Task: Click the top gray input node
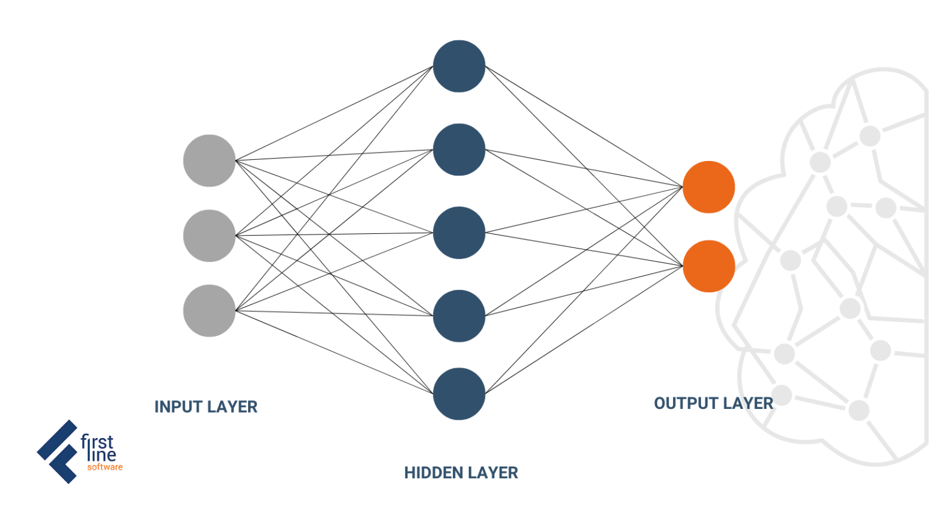click(x=209, y=160)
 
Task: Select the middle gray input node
click(x=209, y=236)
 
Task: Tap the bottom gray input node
click(x=209, y=311)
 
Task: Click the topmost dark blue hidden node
click(x=459, y=66)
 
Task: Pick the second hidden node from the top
click(x=459, y=149)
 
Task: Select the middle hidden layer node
click(x=459, y=233)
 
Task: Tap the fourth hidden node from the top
click(x=459, y=316)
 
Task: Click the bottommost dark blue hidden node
click(x=459, y=394)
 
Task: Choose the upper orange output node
click(x=708, y=187)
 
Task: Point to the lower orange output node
click(x=708, y=266)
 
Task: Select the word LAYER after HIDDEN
click(x=493, y=473)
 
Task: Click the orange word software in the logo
click(x=105, y=467)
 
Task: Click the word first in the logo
click(x=97, y=442)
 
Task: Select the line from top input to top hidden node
click(x=334, y=114)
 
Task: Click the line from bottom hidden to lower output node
click(x=584, y=330)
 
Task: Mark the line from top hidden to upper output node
click(x=584, y=126)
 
